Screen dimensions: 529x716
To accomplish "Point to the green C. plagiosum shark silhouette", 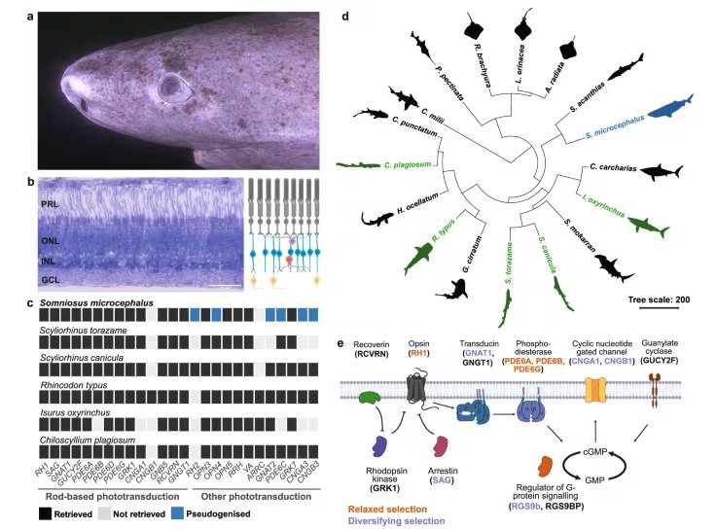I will pos(357,165).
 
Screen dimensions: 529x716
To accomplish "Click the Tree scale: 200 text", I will pos(659,300).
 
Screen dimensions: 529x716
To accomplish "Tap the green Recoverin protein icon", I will pos(371,398).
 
